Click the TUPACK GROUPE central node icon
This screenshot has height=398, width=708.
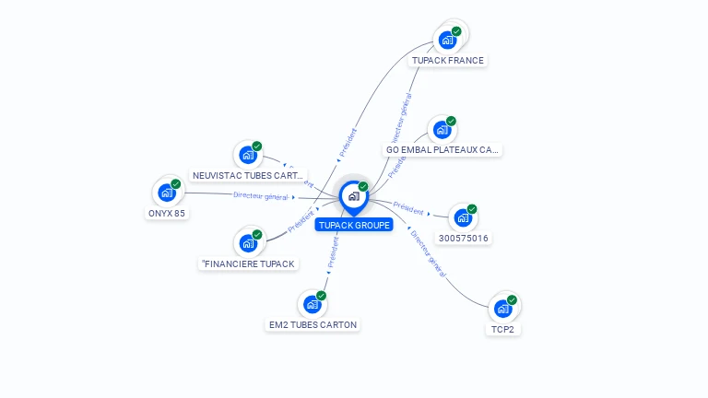pos(353,196)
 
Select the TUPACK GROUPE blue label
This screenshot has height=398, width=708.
pos(354,225)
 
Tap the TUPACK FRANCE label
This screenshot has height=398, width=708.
pos(447,61)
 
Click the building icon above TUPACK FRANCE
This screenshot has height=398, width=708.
pos(447,40)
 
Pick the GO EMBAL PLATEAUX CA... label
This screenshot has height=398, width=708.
pos(442,149)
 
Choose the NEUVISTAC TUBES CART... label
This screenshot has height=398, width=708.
pos(247,175)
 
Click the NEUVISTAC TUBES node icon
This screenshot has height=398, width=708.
pos(247,155)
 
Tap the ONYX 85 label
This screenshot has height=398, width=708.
pos(167,213)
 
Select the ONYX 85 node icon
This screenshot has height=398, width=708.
pos(166,193)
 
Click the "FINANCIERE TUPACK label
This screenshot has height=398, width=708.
pos(248,263)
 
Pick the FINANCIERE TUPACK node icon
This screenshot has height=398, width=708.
pos(247,243)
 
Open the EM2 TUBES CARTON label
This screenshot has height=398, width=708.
pos(313,324)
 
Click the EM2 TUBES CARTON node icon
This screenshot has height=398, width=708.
pos(312,304)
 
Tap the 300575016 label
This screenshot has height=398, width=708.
pos(464,239)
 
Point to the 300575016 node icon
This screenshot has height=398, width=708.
pos(462,218)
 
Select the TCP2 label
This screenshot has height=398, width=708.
pos(502,329)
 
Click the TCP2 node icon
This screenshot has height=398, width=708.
pos(501,309)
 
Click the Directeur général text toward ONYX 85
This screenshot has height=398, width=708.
pos(261,195)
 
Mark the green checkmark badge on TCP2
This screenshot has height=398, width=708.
pos(512,299)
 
